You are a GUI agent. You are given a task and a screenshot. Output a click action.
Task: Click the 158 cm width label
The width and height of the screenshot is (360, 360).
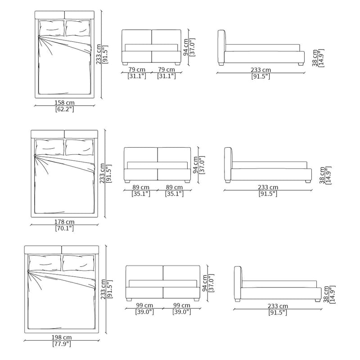[x=64, y=103]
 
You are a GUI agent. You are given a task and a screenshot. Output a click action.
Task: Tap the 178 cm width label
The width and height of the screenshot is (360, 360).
[x=64, y=222]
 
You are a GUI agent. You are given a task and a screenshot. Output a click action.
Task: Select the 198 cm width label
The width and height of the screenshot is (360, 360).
[x=62, y=337]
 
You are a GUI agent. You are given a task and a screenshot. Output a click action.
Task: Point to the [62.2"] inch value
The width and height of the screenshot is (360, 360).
[x=64, y=109]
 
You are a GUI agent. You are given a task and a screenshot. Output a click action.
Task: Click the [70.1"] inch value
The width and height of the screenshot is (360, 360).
[x=64, y=228]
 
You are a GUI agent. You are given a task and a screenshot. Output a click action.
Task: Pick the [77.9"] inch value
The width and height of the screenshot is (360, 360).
[x=62, y=344]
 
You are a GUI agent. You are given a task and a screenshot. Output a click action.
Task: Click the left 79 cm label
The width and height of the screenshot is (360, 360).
[x=137, y=69]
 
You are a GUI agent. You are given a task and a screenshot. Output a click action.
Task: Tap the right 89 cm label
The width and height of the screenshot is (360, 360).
[x=174, y=187]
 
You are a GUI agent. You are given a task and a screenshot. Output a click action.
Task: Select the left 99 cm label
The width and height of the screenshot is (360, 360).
[x=144, y=306]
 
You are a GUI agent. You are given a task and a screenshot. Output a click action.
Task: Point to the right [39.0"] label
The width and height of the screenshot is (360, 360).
[x=182, y=312]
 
